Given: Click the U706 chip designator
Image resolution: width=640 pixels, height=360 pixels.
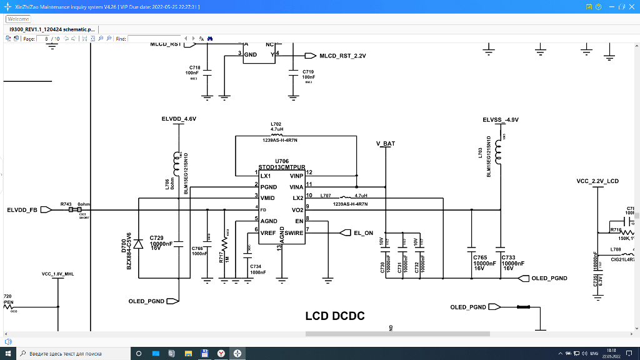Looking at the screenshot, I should [281, 161].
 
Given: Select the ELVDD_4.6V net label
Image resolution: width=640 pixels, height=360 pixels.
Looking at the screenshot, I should [179, 119].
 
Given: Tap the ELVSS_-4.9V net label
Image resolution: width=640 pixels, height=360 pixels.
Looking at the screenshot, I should [501, 119].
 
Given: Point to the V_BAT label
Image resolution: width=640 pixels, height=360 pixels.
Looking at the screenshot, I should [386, 144].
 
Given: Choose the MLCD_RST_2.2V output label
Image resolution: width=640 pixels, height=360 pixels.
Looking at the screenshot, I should [342, 56].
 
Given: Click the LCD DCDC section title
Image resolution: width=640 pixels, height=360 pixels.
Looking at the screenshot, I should [335, 316].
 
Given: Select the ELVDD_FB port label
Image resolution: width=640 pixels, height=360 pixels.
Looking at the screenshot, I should [22, 210].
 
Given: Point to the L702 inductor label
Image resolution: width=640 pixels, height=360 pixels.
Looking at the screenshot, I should [276, 124].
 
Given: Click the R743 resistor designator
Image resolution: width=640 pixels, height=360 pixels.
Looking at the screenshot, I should [66, 204].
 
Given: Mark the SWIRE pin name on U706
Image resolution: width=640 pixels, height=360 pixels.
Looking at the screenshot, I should [294, 233].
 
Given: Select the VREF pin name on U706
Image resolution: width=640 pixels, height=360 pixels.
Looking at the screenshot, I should [268, 233].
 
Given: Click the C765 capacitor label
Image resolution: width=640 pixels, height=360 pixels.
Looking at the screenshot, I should [480, 257].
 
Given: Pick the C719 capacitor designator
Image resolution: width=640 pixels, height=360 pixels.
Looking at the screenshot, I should [308, 72].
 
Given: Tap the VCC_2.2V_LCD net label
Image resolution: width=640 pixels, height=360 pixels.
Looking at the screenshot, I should [597, 181].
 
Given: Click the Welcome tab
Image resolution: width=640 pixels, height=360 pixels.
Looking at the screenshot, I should [18, 19].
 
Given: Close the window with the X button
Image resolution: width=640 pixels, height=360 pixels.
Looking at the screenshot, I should [631, 6].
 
